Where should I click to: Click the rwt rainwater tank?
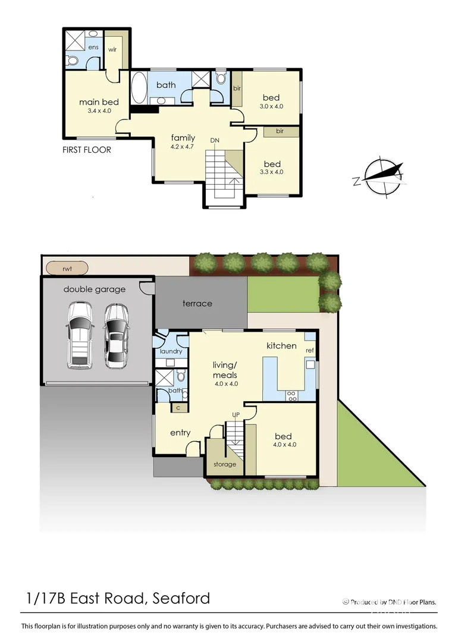click(67, 269)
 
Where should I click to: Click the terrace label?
click(197, 303)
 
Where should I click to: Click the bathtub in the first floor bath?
click(139, 89)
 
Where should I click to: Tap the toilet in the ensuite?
click(72, 61)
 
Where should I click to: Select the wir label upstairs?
click(112, 49)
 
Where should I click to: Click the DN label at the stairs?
click(215, 140)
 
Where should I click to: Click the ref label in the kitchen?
click(309, 351)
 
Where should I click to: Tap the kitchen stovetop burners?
click(291, 396)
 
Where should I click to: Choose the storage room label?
click(225, 464)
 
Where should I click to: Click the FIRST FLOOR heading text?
click(87, 150)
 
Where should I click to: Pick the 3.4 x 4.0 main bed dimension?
click(99, 111)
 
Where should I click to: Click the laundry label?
click(171, 351)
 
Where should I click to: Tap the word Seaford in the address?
click(181, 598)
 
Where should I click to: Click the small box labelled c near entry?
click(178, 408)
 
